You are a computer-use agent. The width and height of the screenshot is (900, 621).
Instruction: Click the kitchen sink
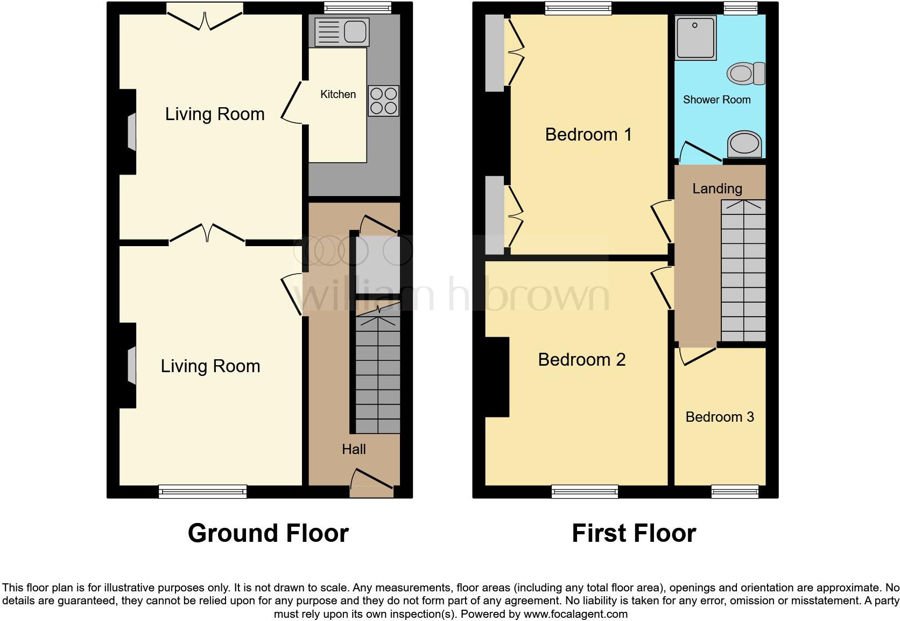pyautogui.click(x=342, y=31)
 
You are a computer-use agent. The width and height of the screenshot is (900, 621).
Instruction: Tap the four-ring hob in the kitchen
pyautogui.click(x=384, y=101)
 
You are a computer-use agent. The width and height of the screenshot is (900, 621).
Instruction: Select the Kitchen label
pyautogui.click(x=338, y=94)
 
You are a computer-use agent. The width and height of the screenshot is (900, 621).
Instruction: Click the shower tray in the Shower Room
pyautogui.click(x=695, y=38)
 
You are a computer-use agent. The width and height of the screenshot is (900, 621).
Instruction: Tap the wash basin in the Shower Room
pyautogui.click(x=744, y=144)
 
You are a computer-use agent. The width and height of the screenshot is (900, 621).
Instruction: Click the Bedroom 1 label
pyautogui.click(x=588, y=134)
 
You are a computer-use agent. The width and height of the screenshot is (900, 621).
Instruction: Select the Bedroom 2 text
pyautogui.click(x=582, y=359)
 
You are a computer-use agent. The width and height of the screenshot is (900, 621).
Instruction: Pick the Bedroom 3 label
pyautogui.click(x=720, y=417)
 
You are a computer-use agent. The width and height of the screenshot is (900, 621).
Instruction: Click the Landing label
pyautogui.click(x=717, y=189)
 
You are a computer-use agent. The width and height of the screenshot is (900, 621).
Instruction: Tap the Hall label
pyautogui.click(x=354, y=449)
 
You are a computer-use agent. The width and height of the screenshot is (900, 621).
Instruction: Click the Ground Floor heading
pyautogui.click(x=269, y=533)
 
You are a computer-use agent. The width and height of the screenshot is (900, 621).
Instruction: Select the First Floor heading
pyautogui.click(x=634, y=533)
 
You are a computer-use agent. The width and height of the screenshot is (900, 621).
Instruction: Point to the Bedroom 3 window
pyautogui.click(x=735, y=491)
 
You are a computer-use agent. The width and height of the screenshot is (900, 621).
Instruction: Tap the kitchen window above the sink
pyautogui.click(x=357, y=8)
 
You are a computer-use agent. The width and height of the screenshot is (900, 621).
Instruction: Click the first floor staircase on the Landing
pyautogui.click(x=743, y=270)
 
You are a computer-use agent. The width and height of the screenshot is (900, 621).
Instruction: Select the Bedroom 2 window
pyautogui.click(x=585, y=491)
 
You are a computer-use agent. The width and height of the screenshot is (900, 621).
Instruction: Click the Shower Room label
pyautogui.click(x=717, y=100)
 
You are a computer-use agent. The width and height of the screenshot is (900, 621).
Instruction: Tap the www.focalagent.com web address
pyautogui.click(x=575, y=614)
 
